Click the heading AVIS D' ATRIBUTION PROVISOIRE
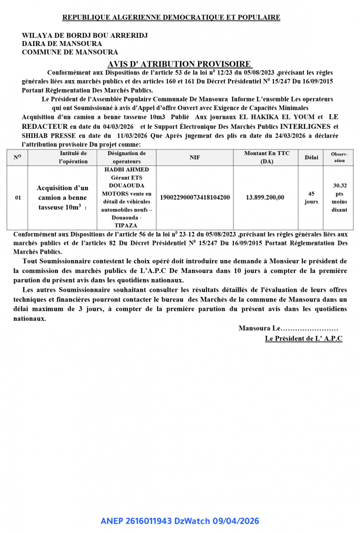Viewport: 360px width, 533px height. [x=180, y=64]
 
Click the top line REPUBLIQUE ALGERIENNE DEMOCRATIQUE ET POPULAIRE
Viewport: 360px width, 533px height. [x=172, y=18]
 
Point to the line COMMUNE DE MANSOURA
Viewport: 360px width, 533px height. [x=70, y=52]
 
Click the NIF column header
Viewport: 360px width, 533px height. [x=195, y=157]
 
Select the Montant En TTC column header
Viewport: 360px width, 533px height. [x=266, y=157]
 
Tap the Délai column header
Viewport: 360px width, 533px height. [x=311, y=157]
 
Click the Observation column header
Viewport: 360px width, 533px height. [x=339, y=157]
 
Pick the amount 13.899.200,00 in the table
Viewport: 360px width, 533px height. [x=265, y=198]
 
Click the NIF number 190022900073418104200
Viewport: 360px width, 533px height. [x=195, y=198]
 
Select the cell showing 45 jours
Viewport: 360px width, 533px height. [x=311, y=198]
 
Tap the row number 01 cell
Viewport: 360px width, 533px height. [x=18, y=198]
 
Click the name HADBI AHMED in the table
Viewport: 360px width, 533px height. [x=126, y=170]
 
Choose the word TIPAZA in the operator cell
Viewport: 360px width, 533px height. [x=126, y=225]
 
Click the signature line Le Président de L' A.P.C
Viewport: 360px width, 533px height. [x=303, y=338]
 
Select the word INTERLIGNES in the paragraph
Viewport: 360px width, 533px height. [x=306, y=126]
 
